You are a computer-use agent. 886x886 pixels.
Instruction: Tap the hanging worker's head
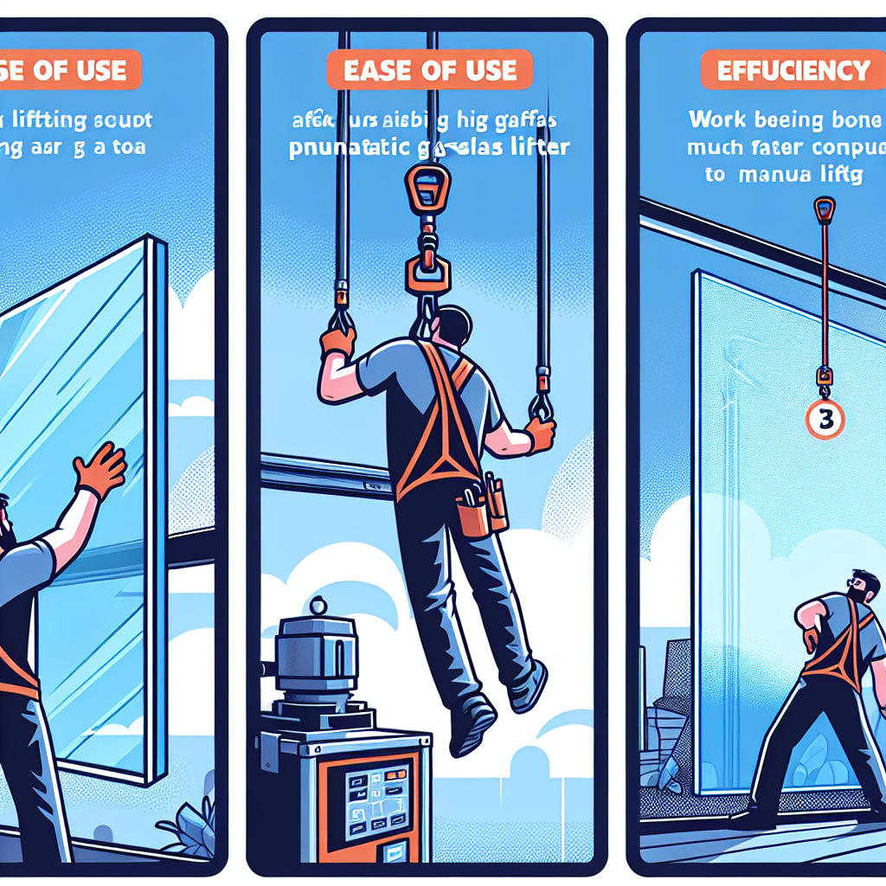click(451, 326)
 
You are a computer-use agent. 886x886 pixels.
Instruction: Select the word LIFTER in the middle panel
click(535, 147)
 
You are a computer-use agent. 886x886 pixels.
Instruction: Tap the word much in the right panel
click(712, 148)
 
